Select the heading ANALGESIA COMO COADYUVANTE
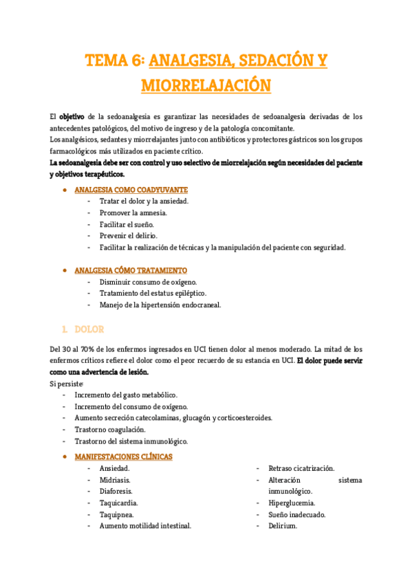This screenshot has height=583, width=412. pyautogui.click(x=131, y=189)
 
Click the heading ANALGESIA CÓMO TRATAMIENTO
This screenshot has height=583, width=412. pyautogui.click(x=131, y=270)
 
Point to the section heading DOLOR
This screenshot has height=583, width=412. pyautogui.click(x=89, y=329)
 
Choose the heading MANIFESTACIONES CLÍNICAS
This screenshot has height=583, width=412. pyautogui.click(x=124, y=456)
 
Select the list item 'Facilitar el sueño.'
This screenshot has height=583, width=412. pyautogui.click(x=127, y=224)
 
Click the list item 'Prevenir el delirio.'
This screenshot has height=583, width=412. pyautogui.click(x=128, y=236)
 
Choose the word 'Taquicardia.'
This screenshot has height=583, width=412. pyautogui.click(x=118, y=503)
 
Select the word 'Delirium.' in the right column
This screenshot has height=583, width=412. pyautogui.click(x=282, y=526)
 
